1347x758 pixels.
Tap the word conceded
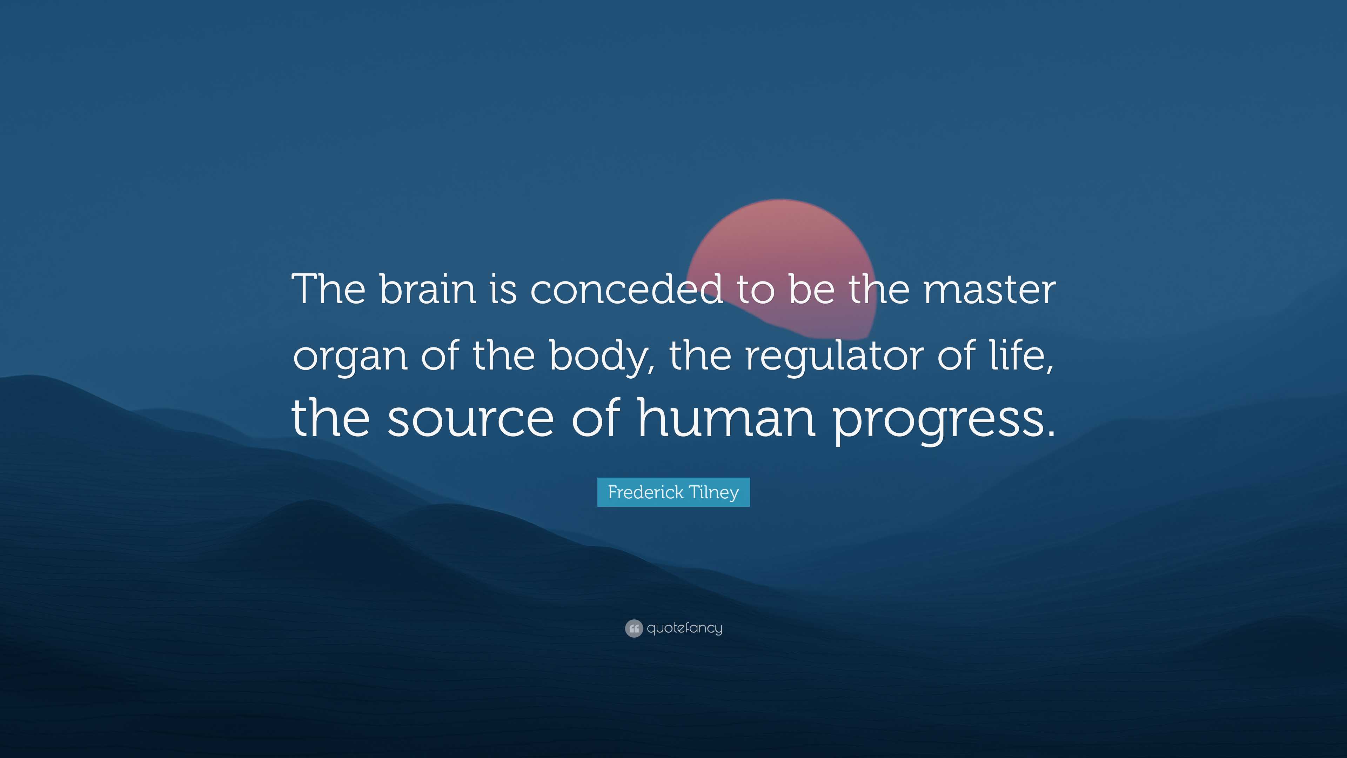(626, 289)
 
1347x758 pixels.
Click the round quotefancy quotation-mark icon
(634, 628)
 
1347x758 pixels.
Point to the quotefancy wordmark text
(684, 628)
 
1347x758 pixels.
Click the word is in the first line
(503, 289)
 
